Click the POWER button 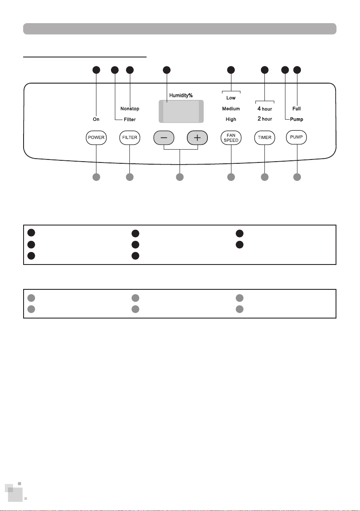(96, 138)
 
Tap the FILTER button (130, 138)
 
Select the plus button (197, 138)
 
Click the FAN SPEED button (231, 138)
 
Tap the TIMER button (264, 138)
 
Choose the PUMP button (297, 137)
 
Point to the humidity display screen (181, 111)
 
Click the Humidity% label (181, 96)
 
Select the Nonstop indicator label (130, 108)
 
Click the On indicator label (96, 119)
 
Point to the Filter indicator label (130, 120)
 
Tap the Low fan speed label (231, 98)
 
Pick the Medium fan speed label (231, 108)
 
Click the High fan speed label (231, 119)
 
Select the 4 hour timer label (264, 108)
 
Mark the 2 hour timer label (264, 119)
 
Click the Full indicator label (297, 108)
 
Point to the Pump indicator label (297, 119)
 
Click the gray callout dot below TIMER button (264, 177)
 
